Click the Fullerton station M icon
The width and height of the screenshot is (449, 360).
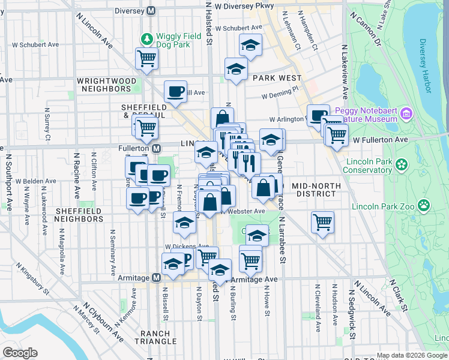point(156,148)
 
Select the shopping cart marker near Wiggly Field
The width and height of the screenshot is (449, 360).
point(146,59)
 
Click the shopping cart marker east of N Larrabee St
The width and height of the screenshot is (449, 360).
point(323,223)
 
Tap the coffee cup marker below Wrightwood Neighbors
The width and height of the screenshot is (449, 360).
point(175,92)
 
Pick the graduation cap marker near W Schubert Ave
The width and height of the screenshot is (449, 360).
point(250,45)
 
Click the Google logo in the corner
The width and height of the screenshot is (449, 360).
point(20,352)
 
